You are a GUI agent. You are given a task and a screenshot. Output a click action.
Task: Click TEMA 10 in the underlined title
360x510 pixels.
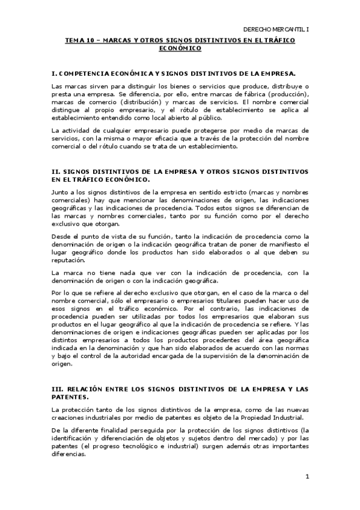78,40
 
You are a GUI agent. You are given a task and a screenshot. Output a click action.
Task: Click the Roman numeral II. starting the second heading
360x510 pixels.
56,172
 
